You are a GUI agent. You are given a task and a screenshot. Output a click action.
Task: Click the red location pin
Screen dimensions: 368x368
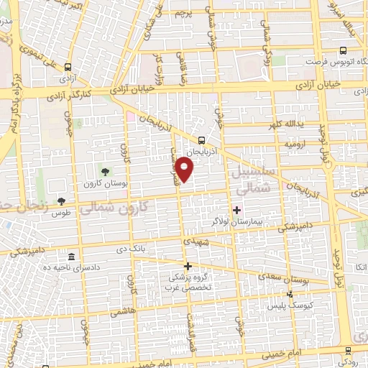pos(186,170)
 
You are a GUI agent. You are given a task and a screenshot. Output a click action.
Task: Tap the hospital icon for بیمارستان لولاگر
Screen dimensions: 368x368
pos(236,210)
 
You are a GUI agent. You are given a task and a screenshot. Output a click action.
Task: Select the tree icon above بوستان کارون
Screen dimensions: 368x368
pos(106,171)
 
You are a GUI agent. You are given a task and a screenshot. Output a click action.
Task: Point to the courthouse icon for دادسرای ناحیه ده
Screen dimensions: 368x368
pos(70,257)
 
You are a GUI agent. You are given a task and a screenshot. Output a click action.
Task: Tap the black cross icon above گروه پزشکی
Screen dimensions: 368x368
pos(188,266)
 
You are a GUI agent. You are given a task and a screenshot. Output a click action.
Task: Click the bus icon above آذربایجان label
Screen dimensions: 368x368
pos(202,141)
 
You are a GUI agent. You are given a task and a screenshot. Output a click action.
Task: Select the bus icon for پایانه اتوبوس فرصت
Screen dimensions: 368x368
pos(343,50)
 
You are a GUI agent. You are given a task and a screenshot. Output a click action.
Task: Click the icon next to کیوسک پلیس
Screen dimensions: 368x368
pos(290,294)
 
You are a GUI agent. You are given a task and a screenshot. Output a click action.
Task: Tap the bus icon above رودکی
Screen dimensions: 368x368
pos(347,351)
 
